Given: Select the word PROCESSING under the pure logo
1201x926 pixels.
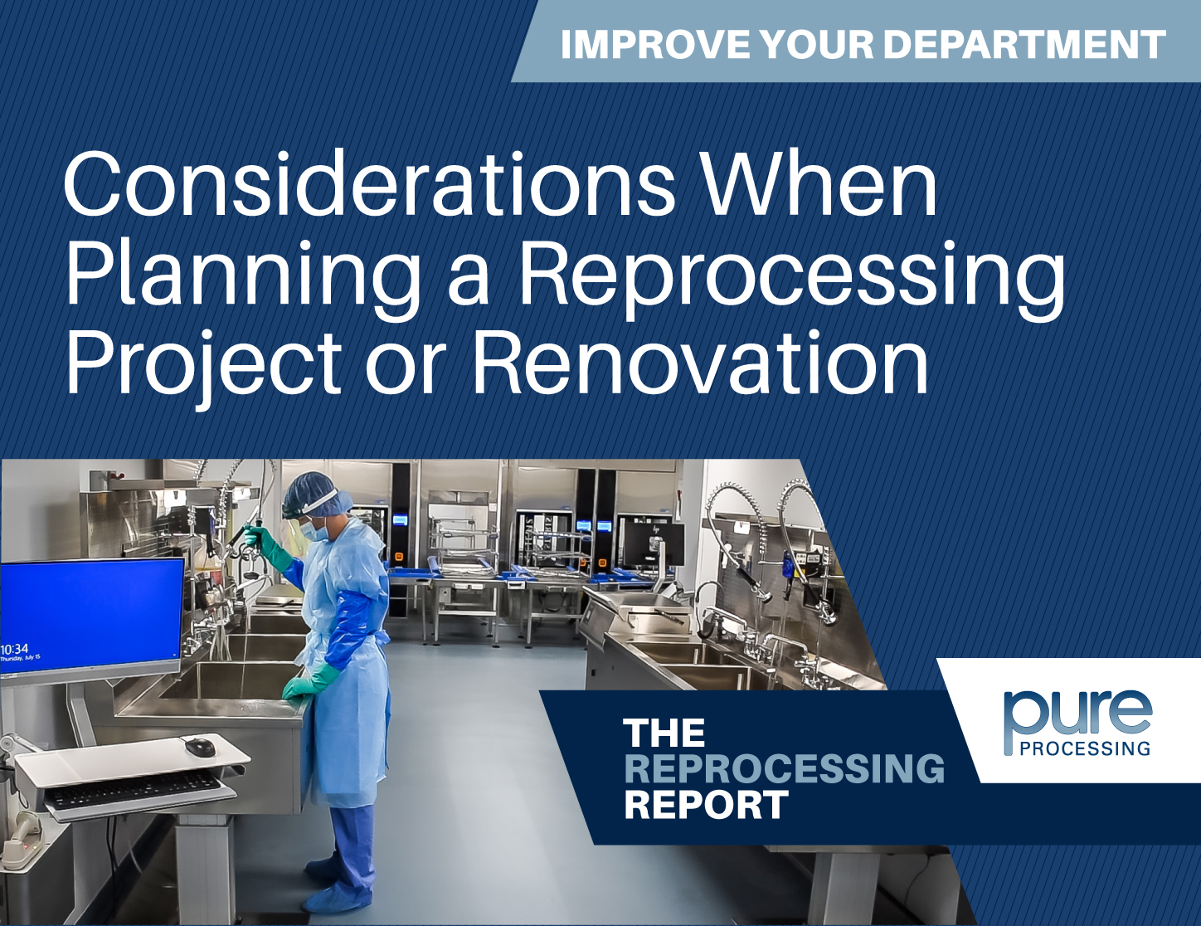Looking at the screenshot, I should point(1085,748).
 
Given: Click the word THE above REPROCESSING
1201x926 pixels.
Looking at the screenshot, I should point(664,733).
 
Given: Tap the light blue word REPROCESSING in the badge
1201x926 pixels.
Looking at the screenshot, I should point(784,769).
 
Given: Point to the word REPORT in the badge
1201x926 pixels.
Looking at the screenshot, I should point(706,805).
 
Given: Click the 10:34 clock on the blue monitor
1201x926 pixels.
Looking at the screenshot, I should point(15,649).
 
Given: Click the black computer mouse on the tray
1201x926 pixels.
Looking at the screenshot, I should point(200,747).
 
